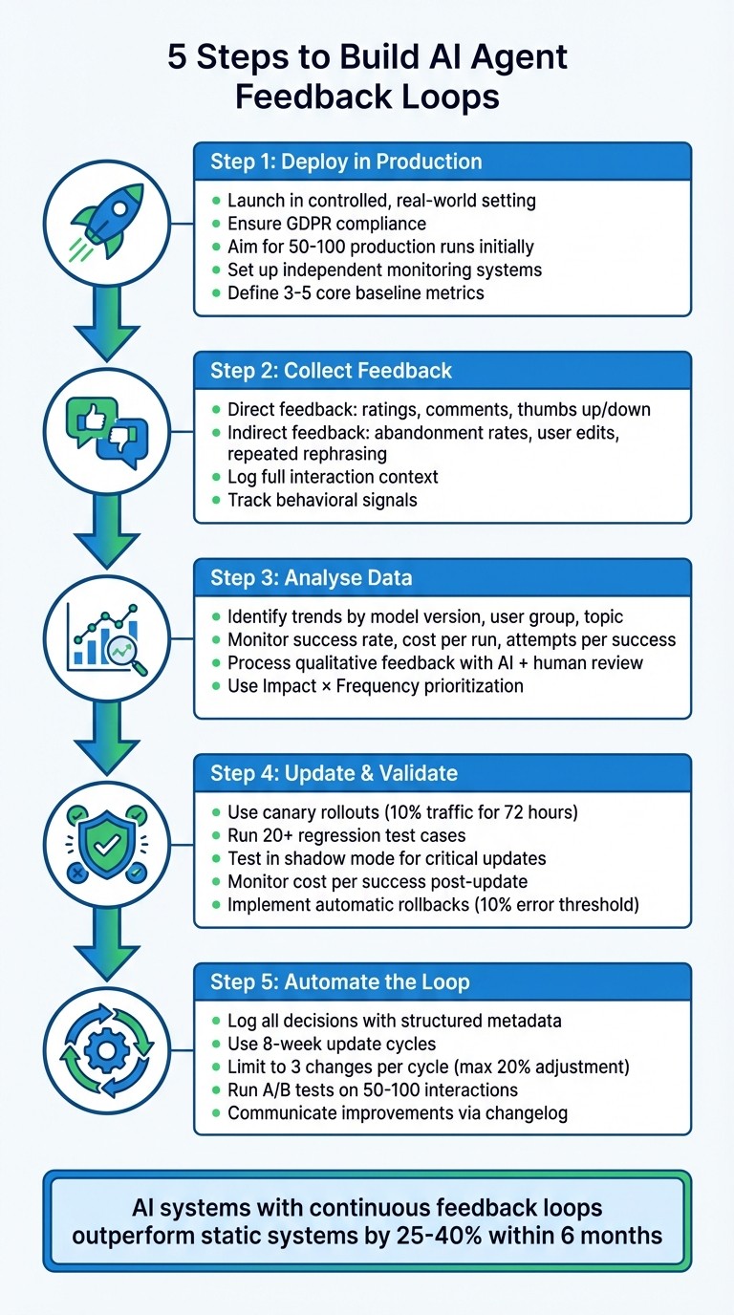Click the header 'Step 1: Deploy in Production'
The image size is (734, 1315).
(346, 162)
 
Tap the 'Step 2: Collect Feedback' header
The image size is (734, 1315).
(331, 370)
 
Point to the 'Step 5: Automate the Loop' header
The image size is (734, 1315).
(338, 981)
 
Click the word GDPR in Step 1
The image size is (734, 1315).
(311, 224)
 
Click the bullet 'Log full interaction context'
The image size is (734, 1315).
(333, 476)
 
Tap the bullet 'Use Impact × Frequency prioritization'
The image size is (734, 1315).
(377, 686)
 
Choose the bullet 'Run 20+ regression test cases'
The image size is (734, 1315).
(346, 835)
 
